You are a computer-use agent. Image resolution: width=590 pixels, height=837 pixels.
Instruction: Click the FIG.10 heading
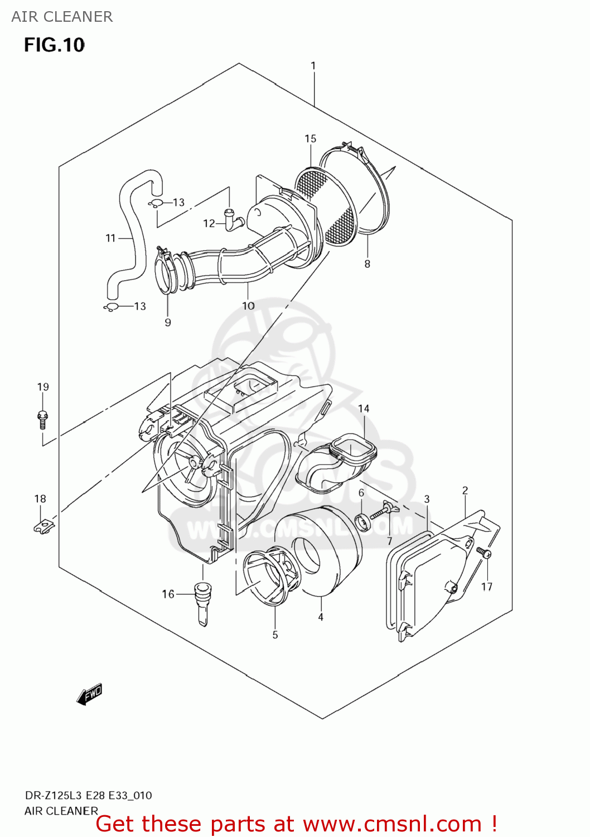click(x=54, y=45)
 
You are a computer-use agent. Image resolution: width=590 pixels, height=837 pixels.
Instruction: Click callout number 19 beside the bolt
click(x=43, y=387)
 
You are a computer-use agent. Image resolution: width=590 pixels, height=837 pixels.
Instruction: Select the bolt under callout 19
click(x=43, y=419)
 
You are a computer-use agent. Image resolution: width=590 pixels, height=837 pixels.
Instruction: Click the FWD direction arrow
click(x=90, y=694)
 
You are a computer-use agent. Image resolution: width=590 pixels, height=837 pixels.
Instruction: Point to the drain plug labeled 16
click(x=202, y=603)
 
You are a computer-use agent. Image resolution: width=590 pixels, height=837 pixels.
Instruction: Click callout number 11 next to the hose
click(x=110, y=238)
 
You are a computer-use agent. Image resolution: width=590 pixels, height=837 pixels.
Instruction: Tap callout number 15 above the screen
click(x=310, y=138)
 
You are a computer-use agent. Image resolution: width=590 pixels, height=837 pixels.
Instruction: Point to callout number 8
click(x=367, y=264)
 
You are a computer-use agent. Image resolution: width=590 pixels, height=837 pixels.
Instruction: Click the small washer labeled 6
click(x=362, y=523)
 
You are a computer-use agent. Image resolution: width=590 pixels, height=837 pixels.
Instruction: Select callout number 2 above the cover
click(x=465, y=490)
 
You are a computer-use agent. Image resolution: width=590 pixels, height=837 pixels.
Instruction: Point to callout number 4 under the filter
click(x=321, y=617)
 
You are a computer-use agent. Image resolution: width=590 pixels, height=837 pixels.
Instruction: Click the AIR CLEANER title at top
click(x=62, y=17)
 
